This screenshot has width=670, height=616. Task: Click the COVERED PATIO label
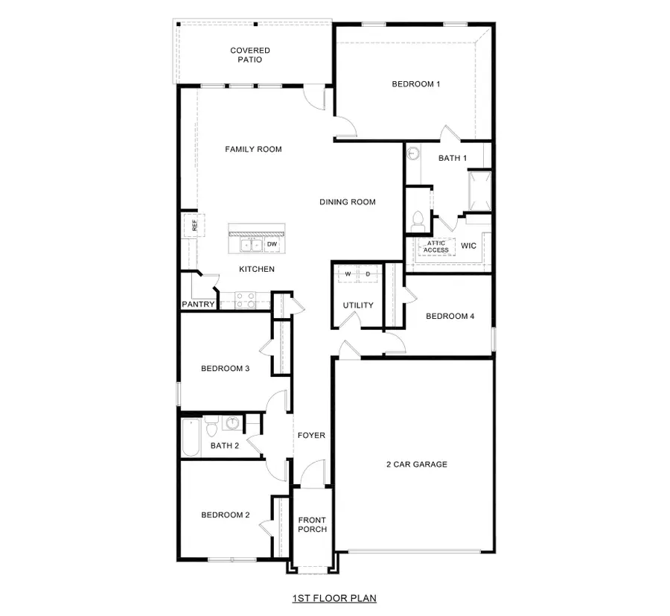point(249,55)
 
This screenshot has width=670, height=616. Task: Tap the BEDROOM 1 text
point(415,84)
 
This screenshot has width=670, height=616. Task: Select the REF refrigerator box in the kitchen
point(191,226)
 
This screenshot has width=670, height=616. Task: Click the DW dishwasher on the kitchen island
point(272,244)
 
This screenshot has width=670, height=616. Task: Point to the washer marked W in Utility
point(347,274)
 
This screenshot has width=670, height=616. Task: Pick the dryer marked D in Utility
point(368,274)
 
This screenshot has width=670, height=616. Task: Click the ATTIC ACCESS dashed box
point(435,247)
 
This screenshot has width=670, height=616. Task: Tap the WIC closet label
point(468,245)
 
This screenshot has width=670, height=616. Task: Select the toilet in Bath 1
point(418,220)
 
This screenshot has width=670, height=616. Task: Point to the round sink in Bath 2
point(232,425)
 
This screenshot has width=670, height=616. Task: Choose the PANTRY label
point(198,304)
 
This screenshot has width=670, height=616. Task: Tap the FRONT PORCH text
point(312,524)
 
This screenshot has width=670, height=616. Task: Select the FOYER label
point(311,435)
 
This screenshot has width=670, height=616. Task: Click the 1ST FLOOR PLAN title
point(334,597)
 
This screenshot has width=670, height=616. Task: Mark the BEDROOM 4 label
point(450,316)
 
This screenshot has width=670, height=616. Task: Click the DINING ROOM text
point(347,202)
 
